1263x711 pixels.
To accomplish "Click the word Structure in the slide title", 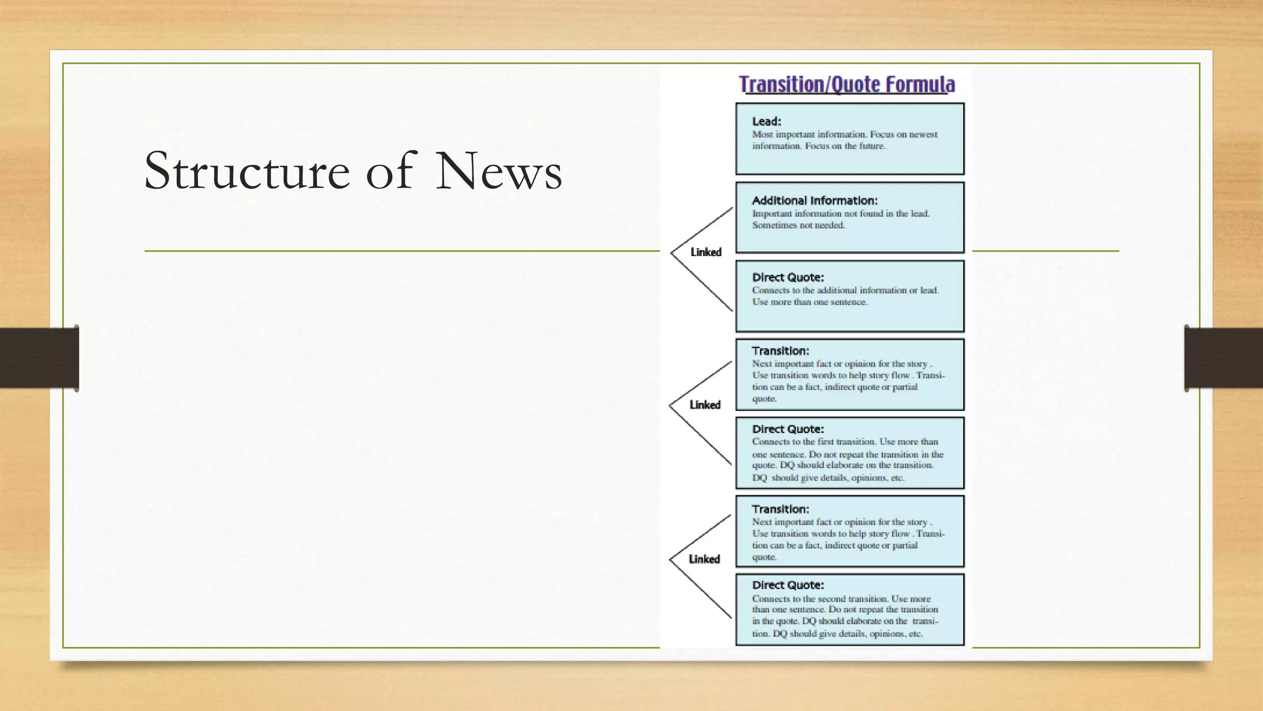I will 247,171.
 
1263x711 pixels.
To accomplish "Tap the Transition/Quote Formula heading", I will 847,85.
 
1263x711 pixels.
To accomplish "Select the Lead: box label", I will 767,122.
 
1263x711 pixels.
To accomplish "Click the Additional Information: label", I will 814,201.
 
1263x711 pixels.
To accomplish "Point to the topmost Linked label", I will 706,252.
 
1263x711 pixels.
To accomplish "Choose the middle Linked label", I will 705,405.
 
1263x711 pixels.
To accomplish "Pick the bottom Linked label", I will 704,559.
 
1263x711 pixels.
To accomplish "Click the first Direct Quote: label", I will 788,278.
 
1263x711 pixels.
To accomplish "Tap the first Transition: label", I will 780,351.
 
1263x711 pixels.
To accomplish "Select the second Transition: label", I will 780,509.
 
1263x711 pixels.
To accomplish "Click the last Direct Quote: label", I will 788,585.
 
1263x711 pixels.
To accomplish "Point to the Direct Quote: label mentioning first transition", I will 788,429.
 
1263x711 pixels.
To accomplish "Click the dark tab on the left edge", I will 39,358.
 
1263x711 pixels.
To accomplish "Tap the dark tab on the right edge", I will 1224,358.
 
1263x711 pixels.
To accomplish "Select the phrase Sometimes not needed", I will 798,225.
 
